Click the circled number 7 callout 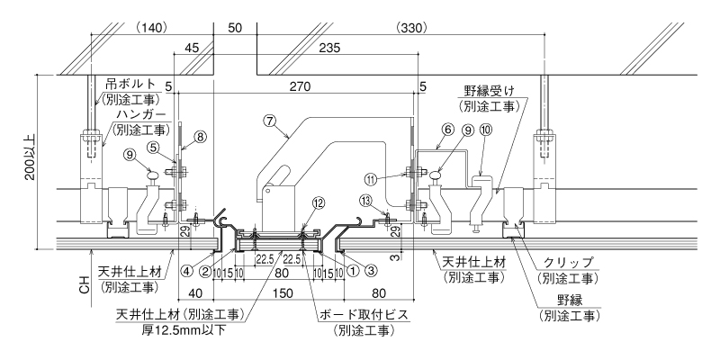(x=269, y=121)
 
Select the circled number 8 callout (x=199, y=136)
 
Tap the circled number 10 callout (x=486, y=130)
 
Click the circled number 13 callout (x=365, y=200)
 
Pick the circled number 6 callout (x=448, y=130)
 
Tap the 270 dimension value (x=300, y=86)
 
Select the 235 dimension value (x=329, y=48)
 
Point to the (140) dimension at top (x=151, y=28)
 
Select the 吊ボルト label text (x=131, y=85)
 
